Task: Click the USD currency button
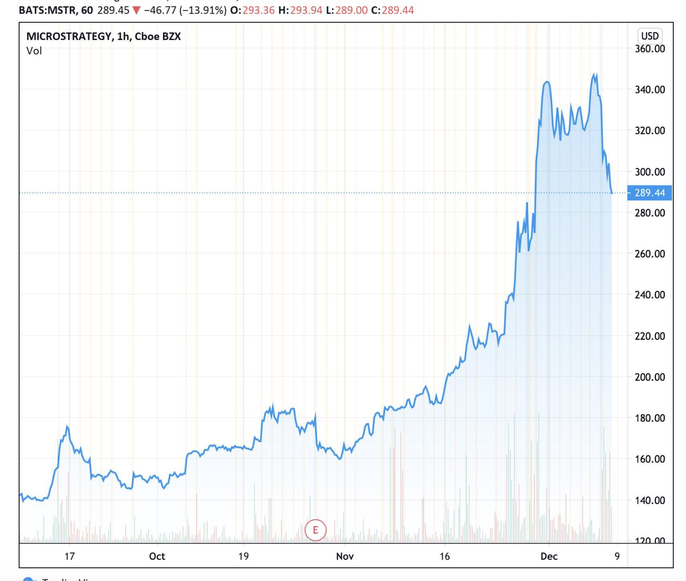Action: click(650, 36)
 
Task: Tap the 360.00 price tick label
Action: click(650, 49)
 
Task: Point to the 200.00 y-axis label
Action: click(650, 377)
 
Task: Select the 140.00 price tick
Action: click(650, 500)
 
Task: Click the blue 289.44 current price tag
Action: click(650, 193)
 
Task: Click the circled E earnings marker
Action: click(315, 530)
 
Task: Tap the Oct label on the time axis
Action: click(157, 556)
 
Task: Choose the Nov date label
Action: click(345, 556)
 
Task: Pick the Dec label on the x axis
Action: click(549, 556)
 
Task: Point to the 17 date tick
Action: click(70, 556)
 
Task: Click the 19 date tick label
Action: click(243, 556)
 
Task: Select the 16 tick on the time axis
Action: click(444, 556)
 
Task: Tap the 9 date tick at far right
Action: click(617, 556)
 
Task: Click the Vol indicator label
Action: click(34, 51)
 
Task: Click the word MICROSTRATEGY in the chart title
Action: click(69, 36)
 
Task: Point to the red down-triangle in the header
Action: click(136, 10)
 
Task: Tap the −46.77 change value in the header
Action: click(160, 10)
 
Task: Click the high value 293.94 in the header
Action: click(306, 10)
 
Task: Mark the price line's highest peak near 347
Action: click(594, 75)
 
